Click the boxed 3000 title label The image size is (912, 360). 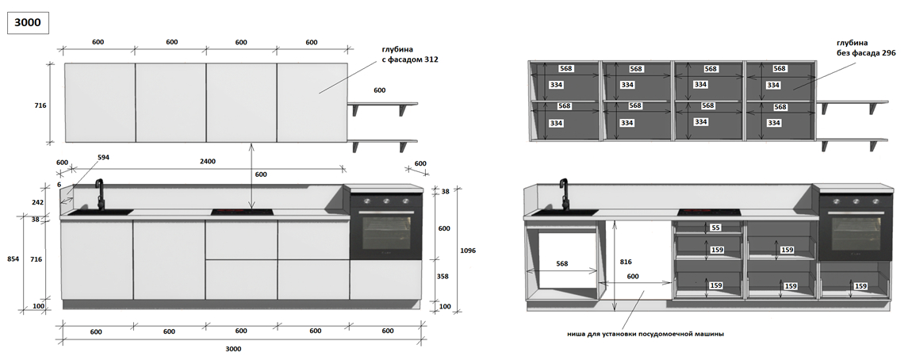(x=27, y=23)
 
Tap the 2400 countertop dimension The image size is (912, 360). (x=208, y=162)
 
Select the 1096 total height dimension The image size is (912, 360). (x=468, y=251)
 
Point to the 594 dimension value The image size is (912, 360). (x=104, y=158)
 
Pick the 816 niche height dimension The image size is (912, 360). (x=626, y=262)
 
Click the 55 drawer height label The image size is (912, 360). (x=715, y=228)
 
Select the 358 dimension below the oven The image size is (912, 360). (x=443, y=277)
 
